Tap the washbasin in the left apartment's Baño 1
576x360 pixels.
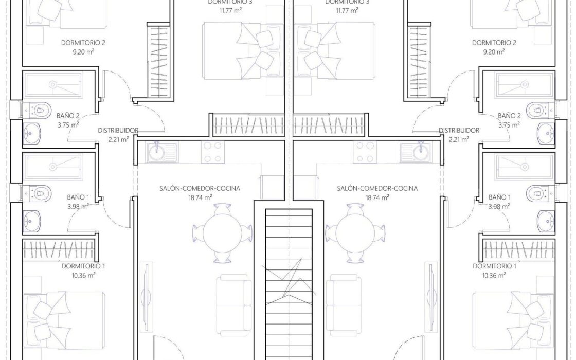(x=32, y=221)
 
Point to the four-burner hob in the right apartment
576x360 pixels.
(x=365, y=152)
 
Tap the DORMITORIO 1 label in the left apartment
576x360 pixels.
(x=83, y=266)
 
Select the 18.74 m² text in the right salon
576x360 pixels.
(x=377, y=197)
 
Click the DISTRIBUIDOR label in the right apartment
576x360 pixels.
(x=459, y=131)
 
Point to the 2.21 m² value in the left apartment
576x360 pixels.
(x=119, y=139)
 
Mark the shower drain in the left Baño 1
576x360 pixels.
(x=53, y=167)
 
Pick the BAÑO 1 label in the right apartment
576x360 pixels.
(x=499, y=197)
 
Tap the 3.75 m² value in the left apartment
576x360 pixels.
(x=68, y=125)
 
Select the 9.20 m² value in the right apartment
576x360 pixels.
(x=494, y=52)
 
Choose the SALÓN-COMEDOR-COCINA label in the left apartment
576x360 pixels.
(x=200, y=188)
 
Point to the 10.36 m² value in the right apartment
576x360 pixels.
(x=494, y=275)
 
